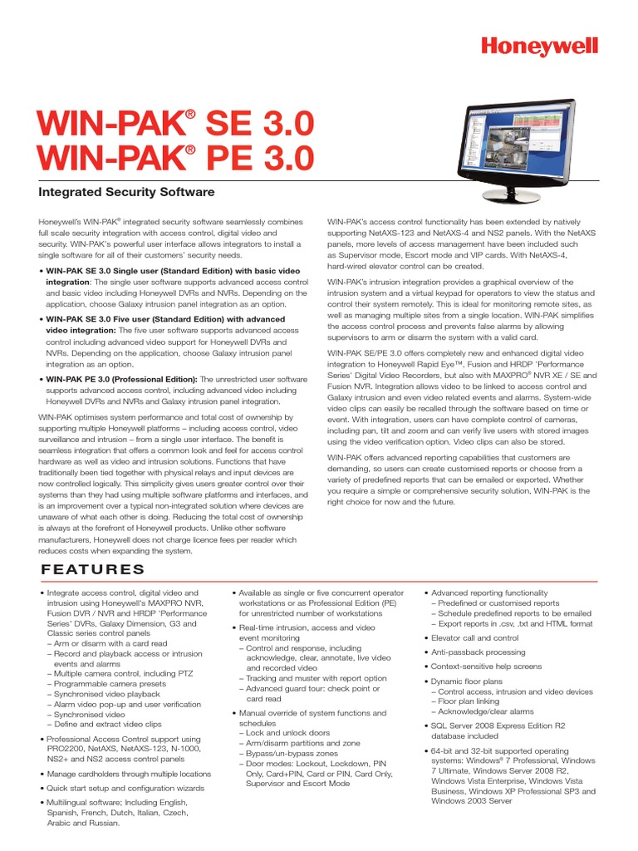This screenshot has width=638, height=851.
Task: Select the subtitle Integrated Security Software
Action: [x=127, y=192]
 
